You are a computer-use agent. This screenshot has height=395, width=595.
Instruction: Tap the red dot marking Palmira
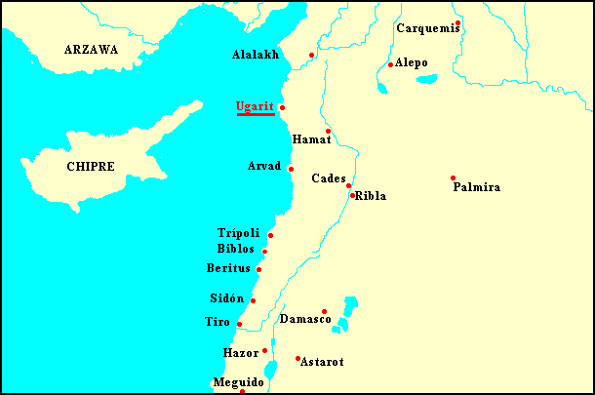click(453, 178)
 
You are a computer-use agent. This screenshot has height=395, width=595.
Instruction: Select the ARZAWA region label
click(91, 50)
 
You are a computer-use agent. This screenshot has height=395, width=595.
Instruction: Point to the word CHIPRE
click(91, 167)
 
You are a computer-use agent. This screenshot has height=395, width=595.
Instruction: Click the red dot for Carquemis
click(457, 22)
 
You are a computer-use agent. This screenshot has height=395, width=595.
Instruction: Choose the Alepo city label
click(412, 63)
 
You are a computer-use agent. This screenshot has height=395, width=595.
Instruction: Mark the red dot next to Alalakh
click(311, 55)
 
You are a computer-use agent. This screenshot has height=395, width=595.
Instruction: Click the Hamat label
click(312, 140)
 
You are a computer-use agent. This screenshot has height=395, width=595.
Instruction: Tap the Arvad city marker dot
click(291, 169)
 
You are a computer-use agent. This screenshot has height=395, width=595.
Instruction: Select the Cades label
click(327, 178)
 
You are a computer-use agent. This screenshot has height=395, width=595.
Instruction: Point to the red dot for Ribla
click(352, 195)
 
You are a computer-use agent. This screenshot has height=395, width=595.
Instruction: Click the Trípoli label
click(238, 233)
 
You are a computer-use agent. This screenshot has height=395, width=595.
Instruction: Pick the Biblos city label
click(235, 250)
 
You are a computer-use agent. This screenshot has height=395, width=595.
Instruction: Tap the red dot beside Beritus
click(258, 269)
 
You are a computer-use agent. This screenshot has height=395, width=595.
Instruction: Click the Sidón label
click(226, 298)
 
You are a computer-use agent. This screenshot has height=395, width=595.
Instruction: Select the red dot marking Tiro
click(239, 324)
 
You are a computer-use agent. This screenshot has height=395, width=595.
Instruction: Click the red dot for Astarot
click(297, 358)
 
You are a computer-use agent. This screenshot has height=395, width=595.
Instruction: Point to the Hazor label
click(240, 352)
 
